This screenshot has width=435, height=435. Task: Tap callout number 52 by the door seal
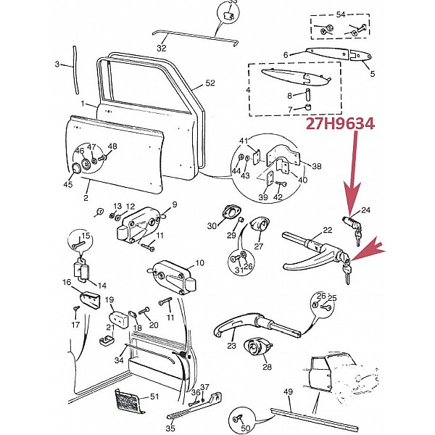click(210, 83)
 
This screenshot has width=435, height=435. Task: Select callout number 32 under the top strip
click(162, 48)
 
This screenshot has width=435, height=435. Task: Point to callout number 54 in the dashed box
click(341, 14)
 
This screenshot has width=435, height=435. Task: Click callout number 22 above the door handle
click(328, 230)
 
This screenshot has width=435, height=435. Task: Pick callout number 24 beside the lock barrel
click(365, 211)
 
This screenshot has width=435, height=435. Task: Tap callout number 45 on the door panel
click(68, 185)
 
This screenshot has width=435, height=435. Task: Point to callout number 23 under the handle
click(231, 347)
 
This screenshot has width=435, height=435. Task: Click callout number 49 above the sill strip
click(288, 392)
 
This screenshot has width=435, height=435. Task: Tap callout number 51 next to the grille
click(153, 396)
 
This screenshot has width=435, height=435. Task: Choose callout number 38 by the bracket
click(317, 165)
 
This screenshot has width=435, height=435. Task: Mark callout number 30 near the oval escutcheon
click(212, 226)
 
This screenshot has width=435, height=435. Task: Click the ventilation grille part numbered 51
click(128, 399)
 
